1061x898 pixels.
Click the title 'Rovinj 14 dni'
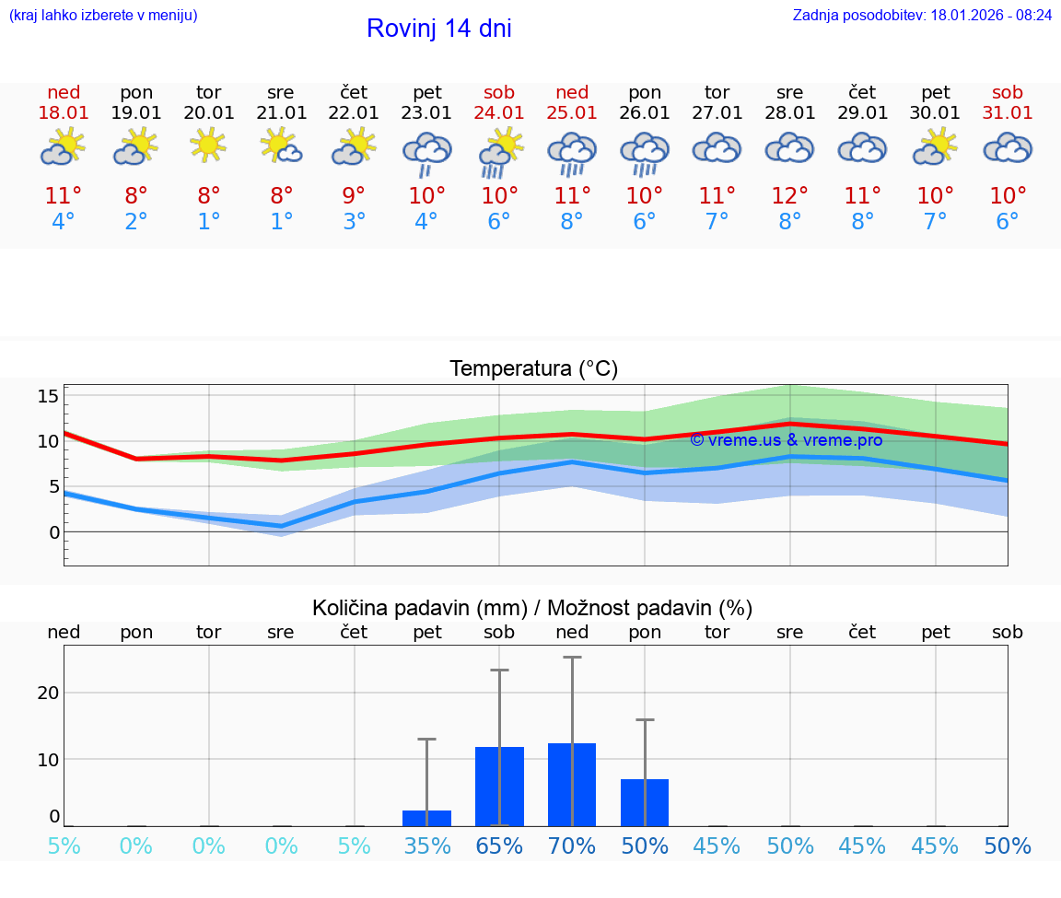click(x=438, y=29)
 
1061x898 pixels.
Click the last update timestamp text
click(x=922, y=16)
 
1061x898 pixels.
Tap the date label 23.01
click(x=426, y=113)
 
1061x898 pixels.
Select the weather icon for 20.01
click(x=209, y=146)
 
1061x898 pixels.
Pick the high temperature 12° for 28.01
click(x=789, y=196)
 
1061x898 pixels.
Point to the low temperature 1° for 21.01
click(x=282, y=222)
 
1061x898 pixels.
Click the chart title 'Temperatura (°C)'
click(x=533, y=369)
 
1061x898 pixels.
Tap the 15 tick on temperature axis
click(x=48, y=396)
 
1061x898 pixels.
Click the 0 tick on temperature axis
click(x=54, y=532)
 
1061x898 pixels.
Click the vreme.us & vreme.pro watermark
click(x=786, y=440)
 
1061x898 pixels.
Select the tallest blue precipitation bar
click(x=572, y=785)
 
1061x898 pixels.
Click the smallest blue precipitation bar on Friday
click(x=426, y=818)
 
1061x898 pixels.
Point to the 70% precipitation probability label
click(x=572, y=846)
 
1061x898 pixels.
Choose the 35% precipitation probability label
click(x=426, y=846)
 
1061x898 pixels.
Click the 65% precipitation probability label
click(x=499, y=846)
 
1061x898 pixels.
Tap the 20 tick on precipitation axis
click(x=48, y=693)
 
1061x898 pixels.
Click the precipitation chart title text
click(x=532, y=608)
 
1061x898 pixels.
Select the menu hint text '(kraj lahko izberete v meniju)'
click(x=103, y=16)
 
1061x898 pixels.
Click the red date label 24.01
click(x=499, y=113)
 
